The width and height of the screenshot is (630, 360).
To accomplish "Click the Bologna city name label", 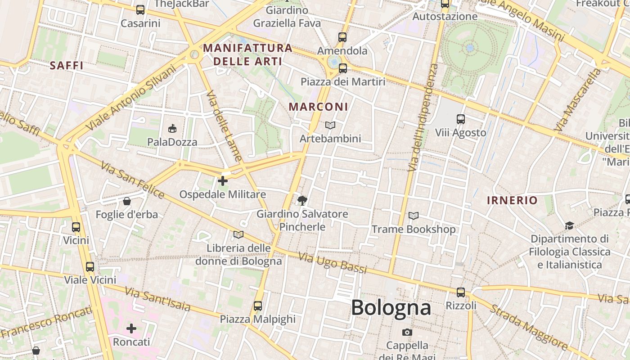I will click(391, 308).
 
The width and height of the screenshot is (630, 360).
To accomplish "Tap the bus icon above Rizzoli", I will click(460, 292).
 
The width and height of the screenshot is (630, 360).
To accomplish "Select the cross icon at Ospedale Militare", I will click(222, 181).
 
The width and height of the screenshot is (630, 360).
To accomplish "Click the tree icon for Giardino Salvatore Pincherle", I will click(302, 200).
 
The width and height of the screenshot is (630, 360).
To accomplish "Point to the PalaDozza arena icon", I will click(172, 129).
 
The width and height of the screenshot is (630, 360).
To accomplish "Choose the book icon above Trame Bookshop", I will click(413, 216).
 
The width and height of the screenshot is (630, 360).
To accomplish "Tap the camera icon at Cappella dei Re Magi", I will click(407, 333).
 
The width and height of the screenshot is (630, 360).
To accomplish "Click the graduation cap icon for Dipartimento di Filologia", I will click(569, 225).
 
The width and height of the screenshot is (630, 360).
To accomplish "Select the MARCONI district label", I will click(318, 107).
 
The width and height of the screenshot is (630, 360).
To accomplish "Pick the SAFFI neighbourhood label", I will click(67, 66).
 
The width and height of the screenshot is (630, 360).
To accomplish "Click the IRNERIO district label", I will click(512, 201).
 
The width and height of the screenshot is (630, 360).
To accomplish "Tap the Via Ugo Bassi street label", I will click(333, 263).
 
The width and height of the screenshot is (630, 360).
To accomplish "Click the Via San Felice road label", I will click(132, 180).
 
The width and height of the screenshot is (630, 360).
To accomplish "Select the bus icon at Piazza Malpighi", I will click(257, 306).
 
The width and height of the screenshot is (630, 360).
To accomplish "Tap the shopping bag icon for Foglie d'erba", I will click(127, 201).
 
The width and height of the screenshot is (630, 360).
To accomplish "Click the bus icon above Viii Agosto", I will click(460, 119).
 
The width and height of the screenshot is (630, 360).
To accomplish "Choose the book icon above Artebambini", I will click(330, 126).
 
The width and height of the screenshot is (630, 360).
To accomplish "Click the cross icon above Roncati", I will click(131, 328).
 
